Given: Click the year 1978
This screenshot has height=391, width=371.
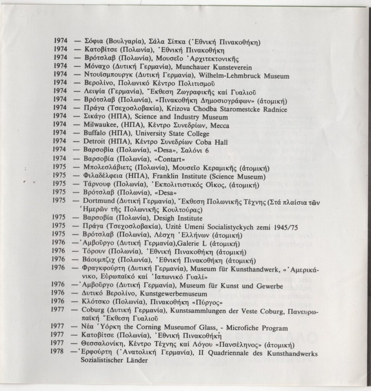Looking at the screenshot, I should coord(61,354).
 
